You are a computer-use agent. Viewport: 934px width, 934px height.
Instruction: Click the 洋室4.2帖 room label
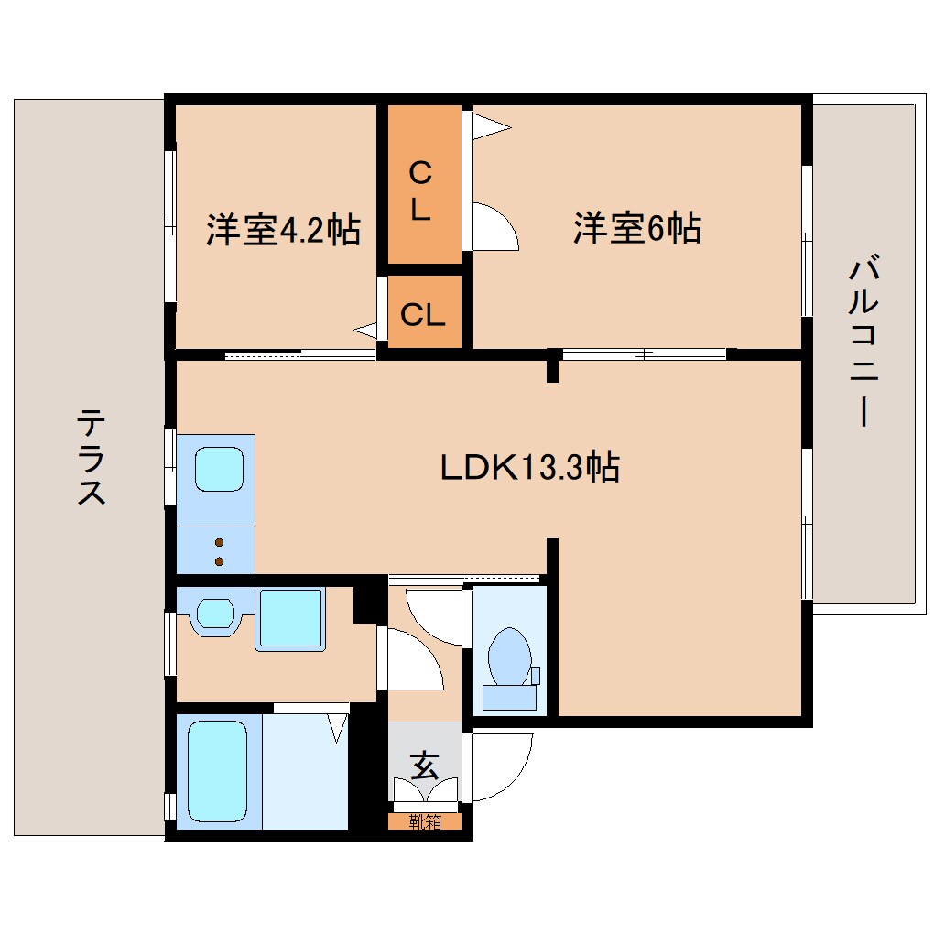(282, 229)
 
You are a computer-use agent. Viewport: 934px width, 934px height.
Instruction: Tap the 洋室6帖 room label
(637, 228)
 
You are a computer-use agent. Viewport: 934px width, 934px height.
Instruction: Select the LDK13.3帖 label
(530, 468)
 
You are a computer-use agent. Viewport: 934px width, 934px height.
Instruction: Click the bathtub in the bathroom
(218, 770)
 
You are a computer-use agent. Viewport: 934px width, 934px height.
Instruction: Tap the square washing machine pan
(290, 620)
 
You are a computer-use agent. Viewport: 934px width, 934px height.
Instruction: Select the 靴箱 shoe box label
(424, 821)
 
